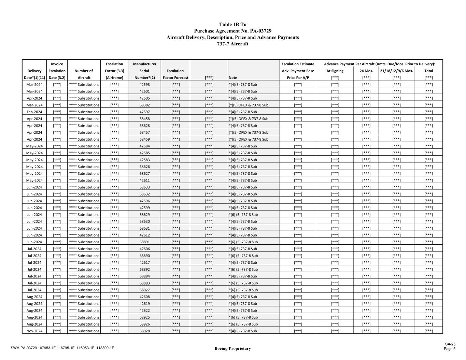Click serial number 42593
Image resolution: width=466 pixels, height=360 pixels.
click(144, 84)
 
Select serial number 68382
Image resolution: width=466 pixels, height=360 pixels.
click(144, 105)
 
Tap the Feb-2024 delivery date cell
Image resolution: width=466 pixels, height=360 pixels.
click(34, 112)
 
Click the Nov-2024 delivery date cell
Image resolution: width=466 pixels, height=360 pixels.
click(34, 331)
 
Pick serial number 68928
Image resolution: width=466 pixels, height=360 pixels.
click(144, 331)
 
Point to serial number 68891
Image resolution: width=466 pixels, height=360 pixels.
click(144, 242)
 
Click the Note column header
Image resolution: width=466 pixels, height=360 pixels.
click(233, 77)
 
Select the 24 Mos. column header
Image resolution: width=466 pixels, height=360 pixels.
click(366, 71)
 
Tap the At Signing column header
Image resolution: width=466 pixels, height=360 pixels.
click(335, 71)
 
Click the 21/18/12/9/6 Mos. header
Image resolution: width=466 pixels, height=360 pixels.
click(396, 71)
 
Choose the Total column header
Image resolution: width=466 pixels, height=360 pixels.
click(428, 71)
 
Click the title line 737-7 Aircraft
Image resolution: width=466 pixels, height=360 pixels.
click(233, 44)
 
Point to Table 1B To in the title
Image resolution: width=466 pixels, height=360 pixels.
click(233, 25)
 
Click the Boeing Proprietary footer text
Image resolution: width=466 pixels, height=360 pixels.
click(232, 348)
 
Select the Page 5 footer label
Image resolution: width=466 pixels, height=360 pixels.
click(450, 349)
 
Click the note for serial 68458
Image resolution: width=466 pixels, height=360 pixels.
click(248, 119)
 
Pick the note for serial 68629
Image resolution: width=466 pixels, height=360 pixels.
click(243, 215)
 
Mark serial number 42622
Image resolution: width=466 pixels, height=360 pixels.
click(144, 311)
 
